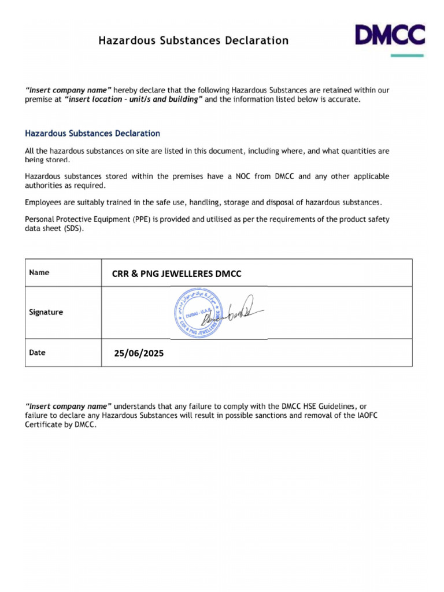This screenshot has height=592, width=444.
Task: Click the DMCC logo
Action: coord(390,35)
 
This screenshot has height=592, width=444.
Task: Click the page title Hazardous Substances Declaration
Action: coord(193,40)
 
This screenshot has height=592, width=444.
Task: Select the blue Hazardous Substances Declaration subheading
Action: coord(92,134)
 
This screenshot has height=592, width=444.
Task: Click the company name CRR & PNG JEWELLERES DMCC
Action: coord(176,274)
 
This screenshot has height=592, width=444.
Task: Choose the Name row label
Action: coord(39,273)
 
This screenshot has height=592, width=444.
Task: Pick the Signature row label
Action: coord(46,312)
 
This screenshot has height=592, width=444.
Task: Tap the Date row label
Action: coord(38,353)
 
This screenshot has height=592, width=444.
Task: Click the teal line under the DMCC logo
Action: coord(407,55)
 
